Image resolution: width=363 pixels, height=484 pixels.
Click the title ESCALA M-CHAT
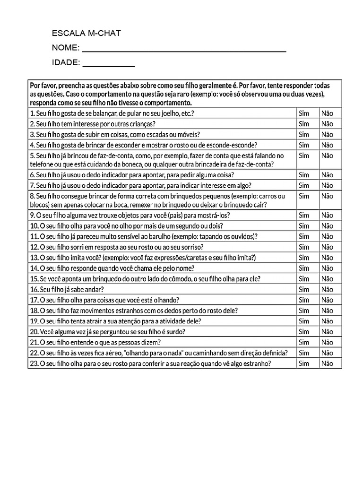(x=86, y=33)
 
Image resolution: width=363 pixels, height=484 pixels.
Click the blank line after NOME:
(x=184, y=49)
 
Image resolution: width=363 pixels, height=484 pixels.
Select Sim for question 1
(x=304, y=113)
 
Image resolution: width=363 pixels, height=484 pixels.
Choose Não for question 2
(x=327, y=124)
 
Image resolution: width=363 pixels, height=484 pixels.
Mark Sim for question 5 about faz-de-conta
(x=304, y=156)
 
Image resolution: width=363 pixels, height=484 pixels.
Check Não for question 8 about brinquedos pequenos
(x=327, y=196)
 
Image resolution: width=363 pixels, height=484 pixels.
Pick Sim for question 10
(x=304, y=226)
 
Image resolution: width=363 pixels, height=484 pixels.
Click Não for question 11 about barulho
(x=327, y=236)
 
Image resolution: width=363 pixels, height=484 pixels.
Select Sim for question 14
(x=304, y=268)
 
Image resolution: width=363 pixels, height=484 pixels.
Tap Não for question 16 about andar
(x=327, y=289)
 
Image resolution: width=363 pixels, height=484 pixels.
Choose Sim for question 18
(x=304, y=311)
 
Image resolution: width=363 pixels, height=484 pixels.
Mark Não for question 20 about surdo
(x=327, y=331)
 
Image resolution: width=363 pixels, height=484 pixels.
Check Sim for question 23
(x=304, y=363)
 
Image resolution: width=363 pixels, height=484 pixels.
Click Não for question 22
(x=327, y=353)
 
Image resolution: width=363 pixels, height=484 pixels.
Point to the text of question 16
(x=67, y=289)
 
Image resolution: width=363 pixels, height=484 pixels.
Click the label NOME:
(x=66, y=48)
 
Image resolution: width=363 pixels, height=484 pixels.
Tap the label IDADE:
(x=66, y=62)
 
